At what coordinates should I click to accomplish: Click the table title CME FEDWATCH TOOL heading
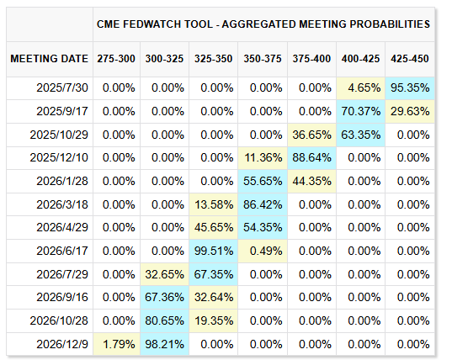click(x=263, y=24)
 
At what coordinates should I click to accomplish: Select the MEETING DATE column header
click(x=49, y=59)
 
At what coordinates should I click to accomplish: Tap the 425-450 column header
click(x=410, y=59)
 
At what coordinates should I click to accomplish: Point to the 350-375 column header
click(x=264, y=59)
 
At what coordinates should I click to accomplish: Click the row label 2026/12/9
click(x=63, y=344)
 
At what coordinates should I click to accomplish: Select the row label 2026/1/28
click(x=63, y=181)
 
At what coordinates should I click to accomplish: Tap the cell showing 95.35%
click(x=410, y=87)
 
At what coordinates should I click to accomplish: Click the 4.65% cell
click(x=362, y=87)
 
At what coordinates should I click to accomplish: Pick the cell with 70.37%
click(x=362, y=111)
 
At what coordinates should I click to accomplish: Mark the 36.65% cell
click(x=313, y=135)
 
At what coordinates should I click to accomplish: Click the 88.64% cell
click(x=313, y=157)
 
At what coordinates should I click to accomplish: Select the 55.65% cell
click(x=264, y=181)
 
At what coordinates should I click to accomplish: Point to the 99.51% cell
click(x=215, y=251)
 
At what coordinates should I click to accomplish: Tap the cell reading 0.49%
click(x=264, y=251)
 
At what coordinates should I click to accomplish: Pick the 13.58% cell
click(x=215, y=204)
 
